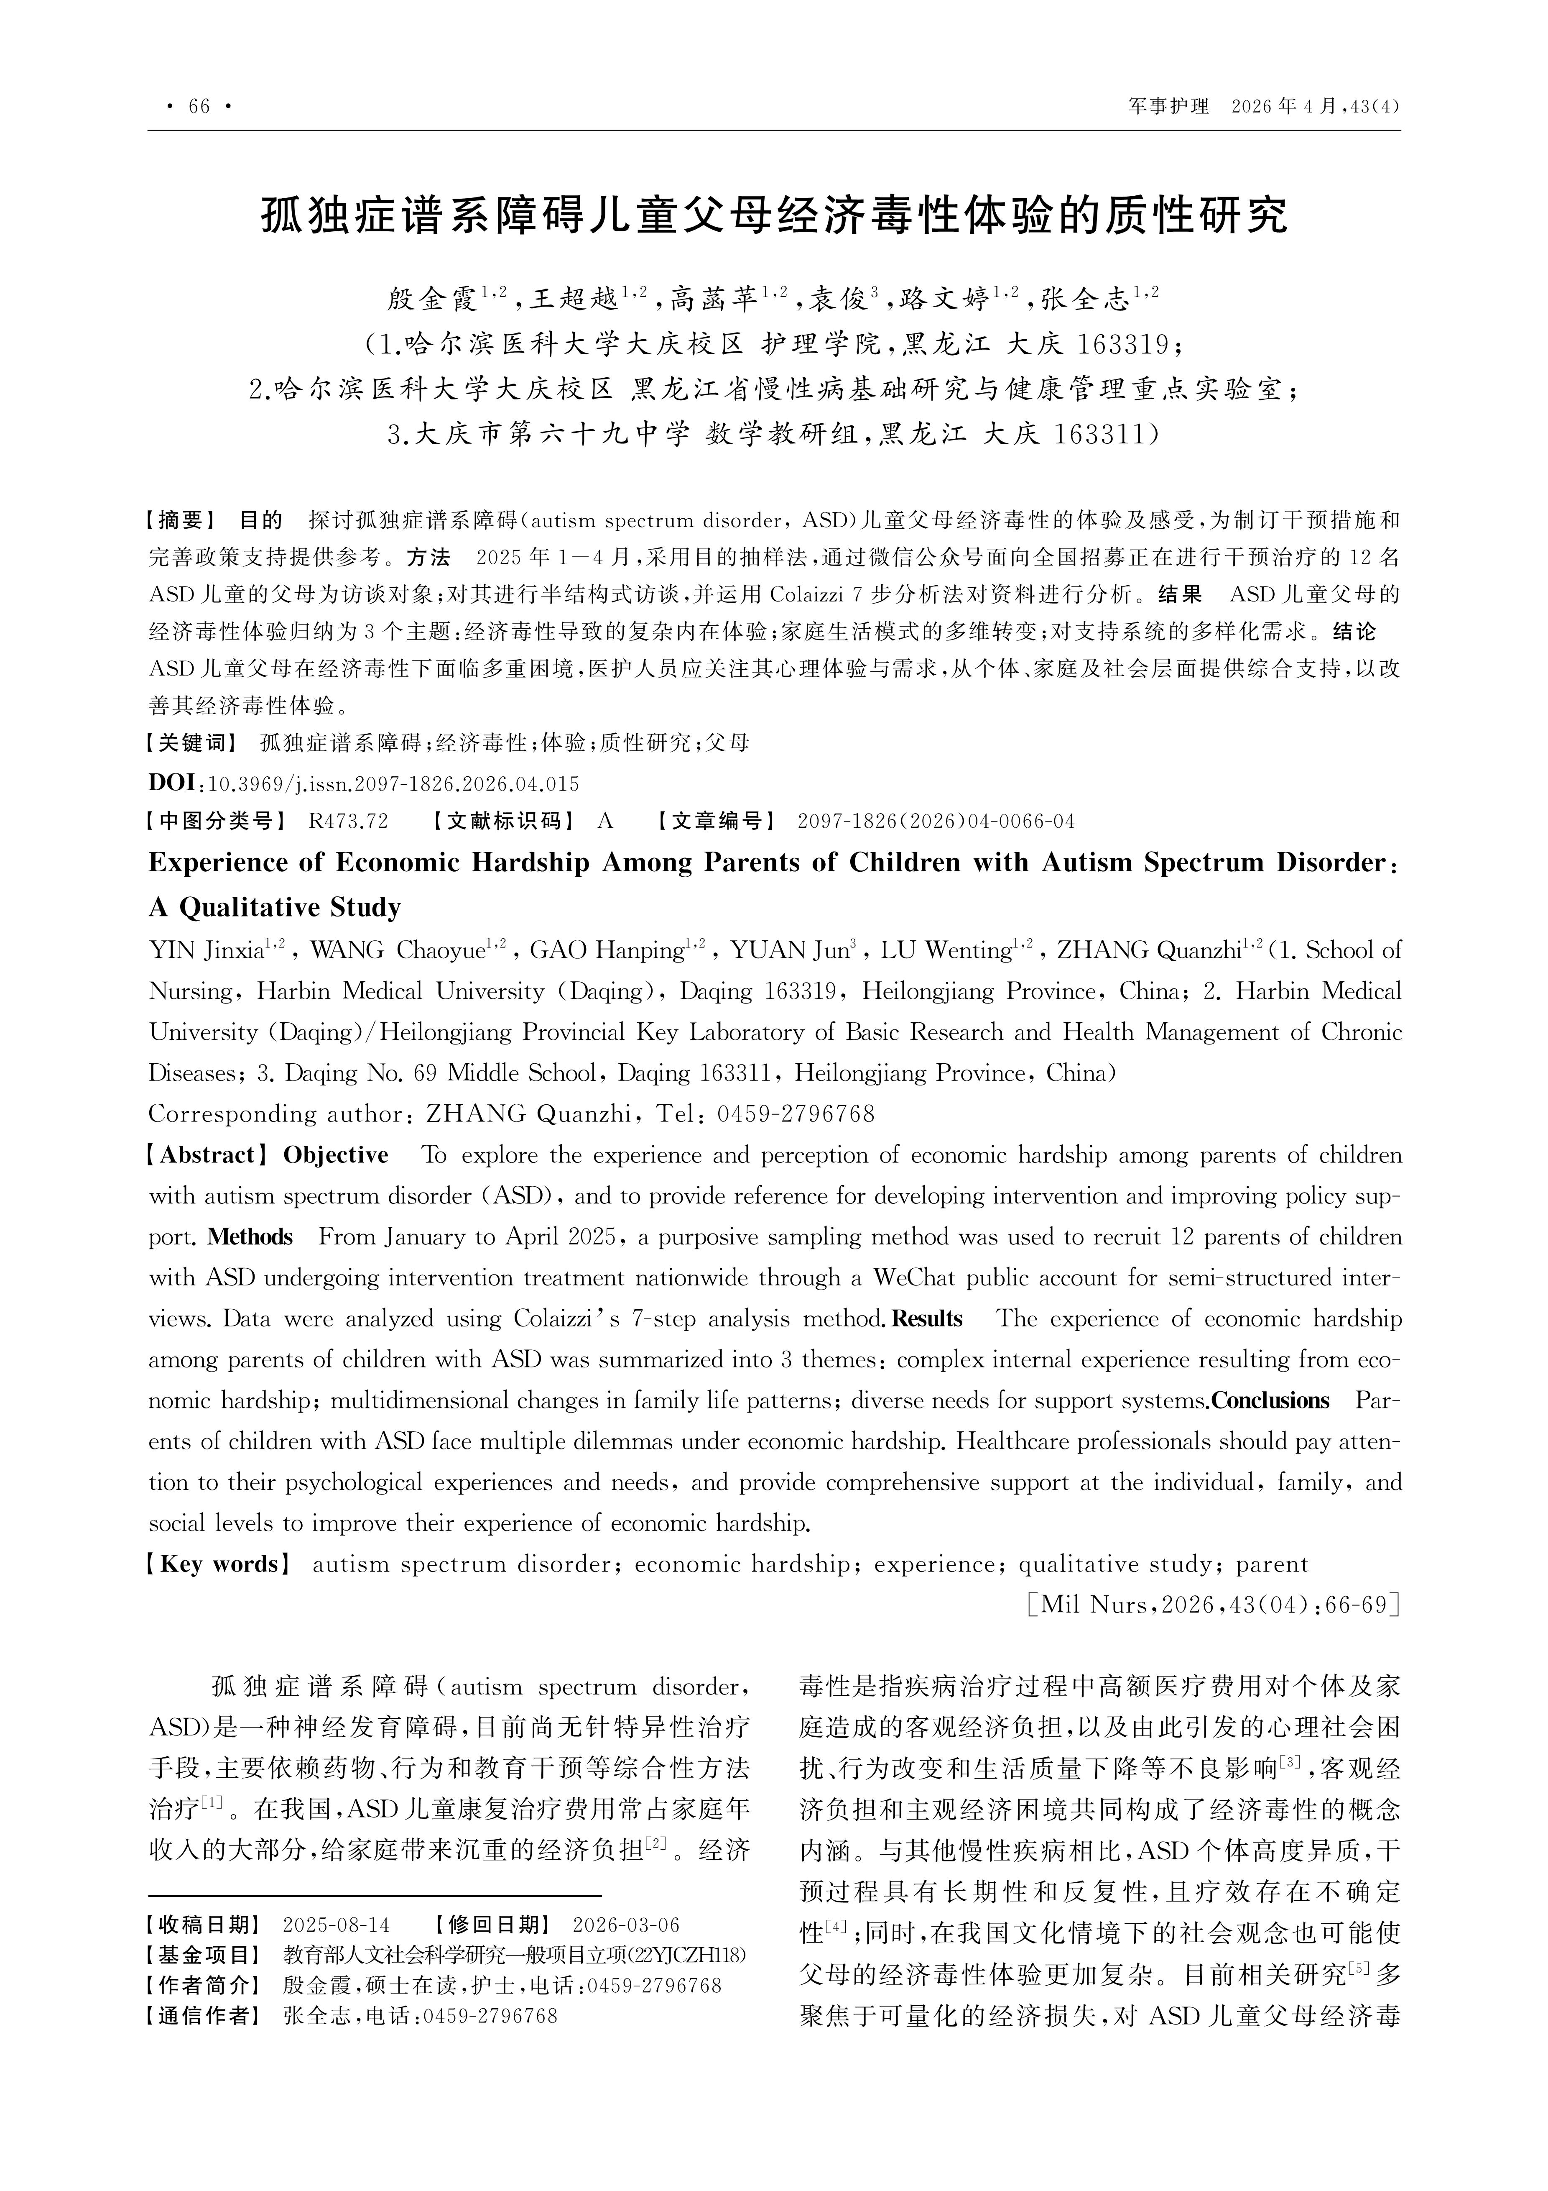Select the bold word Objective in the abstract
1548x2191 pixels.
coord(336,1156)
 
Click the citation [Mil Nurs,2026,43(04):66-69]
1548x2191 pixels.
coord(1212,1605)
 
